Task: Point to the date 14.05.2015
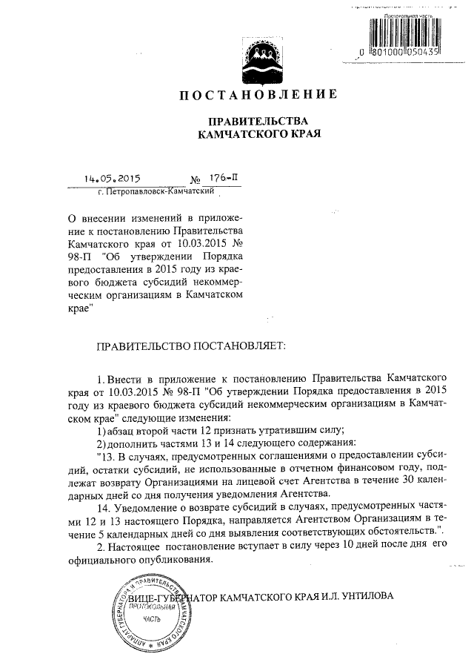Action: [x=112, y=179]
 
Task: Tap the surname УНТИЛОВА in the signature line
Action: [x=364, y=595]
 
